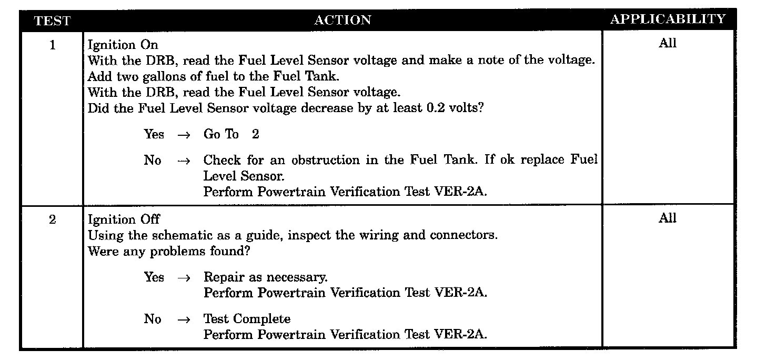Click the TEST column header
[52, 21]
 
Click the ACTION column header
[342, 20]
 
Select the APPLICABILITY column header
[668, 19]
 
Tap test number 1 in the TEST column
[52, 45]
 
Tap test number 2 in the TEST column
[52, 219]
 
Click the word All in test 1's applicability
[668, 44]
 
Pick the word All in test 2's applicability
[668, 218]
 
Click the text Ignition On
[123, 45]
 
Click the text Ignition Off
[124, 219]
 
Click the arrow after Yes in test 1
[183, 135]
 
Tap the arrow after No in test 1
[183, 161]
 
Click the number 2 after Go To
[255, 134]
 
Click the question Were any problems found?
[168, 251]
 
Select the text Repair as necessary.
[265, 277]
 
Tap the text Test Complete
[247, 319]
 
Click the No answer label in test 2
[153, 319]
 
